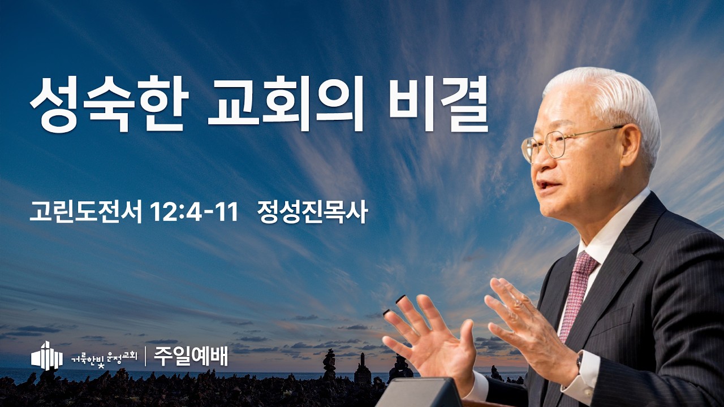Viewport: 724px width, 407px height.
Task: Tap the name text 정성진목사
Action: tap(313, 213)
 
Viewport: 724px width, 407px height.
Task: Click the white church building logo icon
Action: tap(47, 356)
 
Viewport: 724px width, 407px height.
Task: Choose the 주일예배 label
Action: tap(191, 356)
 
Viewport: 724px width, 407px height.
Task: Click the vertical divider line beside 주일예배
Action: tap(146, 356)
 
